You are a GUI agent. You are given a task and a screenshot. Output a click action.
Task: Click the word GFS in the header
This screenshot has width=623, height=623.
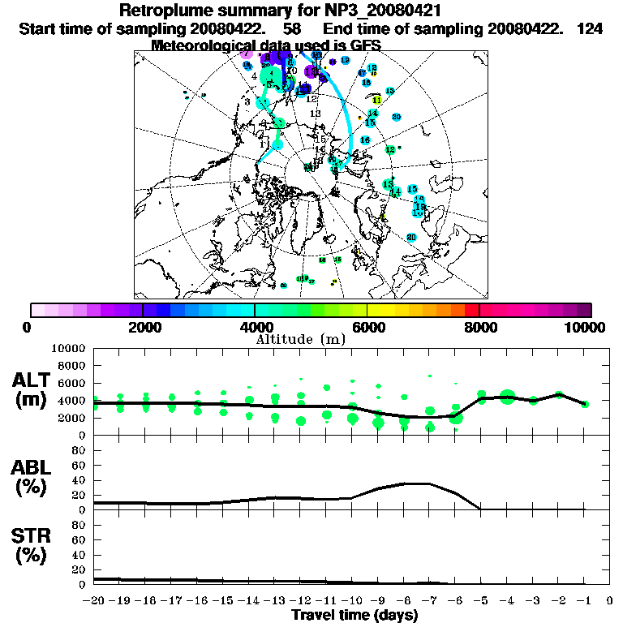363,45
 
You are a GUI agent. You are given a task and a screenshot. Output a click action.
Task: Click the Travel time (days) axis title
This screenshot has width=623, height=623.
354,616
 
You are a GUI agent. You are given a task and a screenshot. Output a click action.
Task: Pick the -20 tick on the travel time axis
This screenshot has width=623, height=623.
95,601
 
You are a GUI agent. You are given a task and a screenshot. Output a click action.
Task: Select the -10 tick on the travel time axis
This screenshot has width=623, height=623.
352,601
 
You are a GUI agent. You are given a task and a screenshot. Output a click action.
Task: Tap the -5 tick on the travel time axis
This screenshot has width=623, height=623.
481,601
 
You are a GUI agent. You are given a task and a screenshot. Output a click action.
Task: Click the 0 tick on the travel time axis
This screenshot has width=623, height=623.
611,601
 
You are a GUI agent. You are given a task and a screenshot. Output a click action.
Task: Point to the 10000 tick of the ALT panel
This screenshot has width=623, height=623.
68,348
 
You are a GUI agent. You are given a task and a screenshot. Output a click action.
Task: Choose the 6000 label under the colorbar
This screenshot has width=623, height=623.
367,327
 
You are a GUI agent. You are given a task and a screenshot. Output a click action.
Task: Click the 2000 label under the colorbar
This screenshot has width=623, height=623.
143,327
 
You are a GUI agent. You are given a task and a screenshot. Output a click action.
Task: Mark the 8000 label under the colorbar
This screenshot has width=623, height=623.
479,327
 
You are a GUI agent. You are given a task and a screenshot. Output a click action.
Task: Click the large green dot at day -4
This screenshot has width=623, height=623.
508,397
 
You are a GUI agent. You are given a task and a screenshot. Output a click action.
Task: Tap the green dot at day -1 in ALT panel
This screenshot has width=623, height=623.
585,403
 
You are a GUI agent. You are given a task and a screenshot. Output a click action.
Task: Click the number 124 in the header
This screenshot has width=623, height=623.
590,28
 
